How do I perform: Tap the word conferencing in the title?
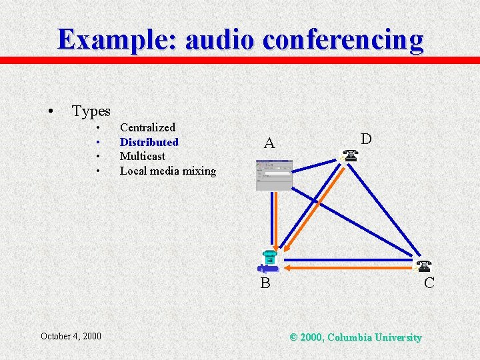click(343, 40)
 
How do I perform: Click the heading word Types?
click(91, 111)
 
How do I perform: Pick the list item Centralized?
click(147, 127)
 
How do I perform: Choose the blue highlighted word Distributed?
click(149, 142)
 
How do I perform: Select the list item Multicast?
click(142, 156)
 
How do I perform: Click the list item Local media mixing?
click(167, 171)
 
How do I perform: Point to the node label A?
click(269, 143)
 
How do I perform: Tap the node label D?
click(366, 139)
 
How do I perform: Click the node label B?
click(265, 283)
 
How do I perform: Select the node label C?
click(429, 283)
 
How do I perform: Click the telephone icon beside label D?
click(351, 156)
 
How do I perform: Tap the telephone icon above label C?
click(423, 266)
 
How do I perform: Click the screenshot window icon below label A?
click(273, 175)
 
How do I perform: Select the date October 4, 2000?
click(71, 336)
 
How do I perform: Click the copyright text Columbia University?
click(375, 338)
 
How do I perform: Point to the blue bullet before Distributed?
click(97, 142)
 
